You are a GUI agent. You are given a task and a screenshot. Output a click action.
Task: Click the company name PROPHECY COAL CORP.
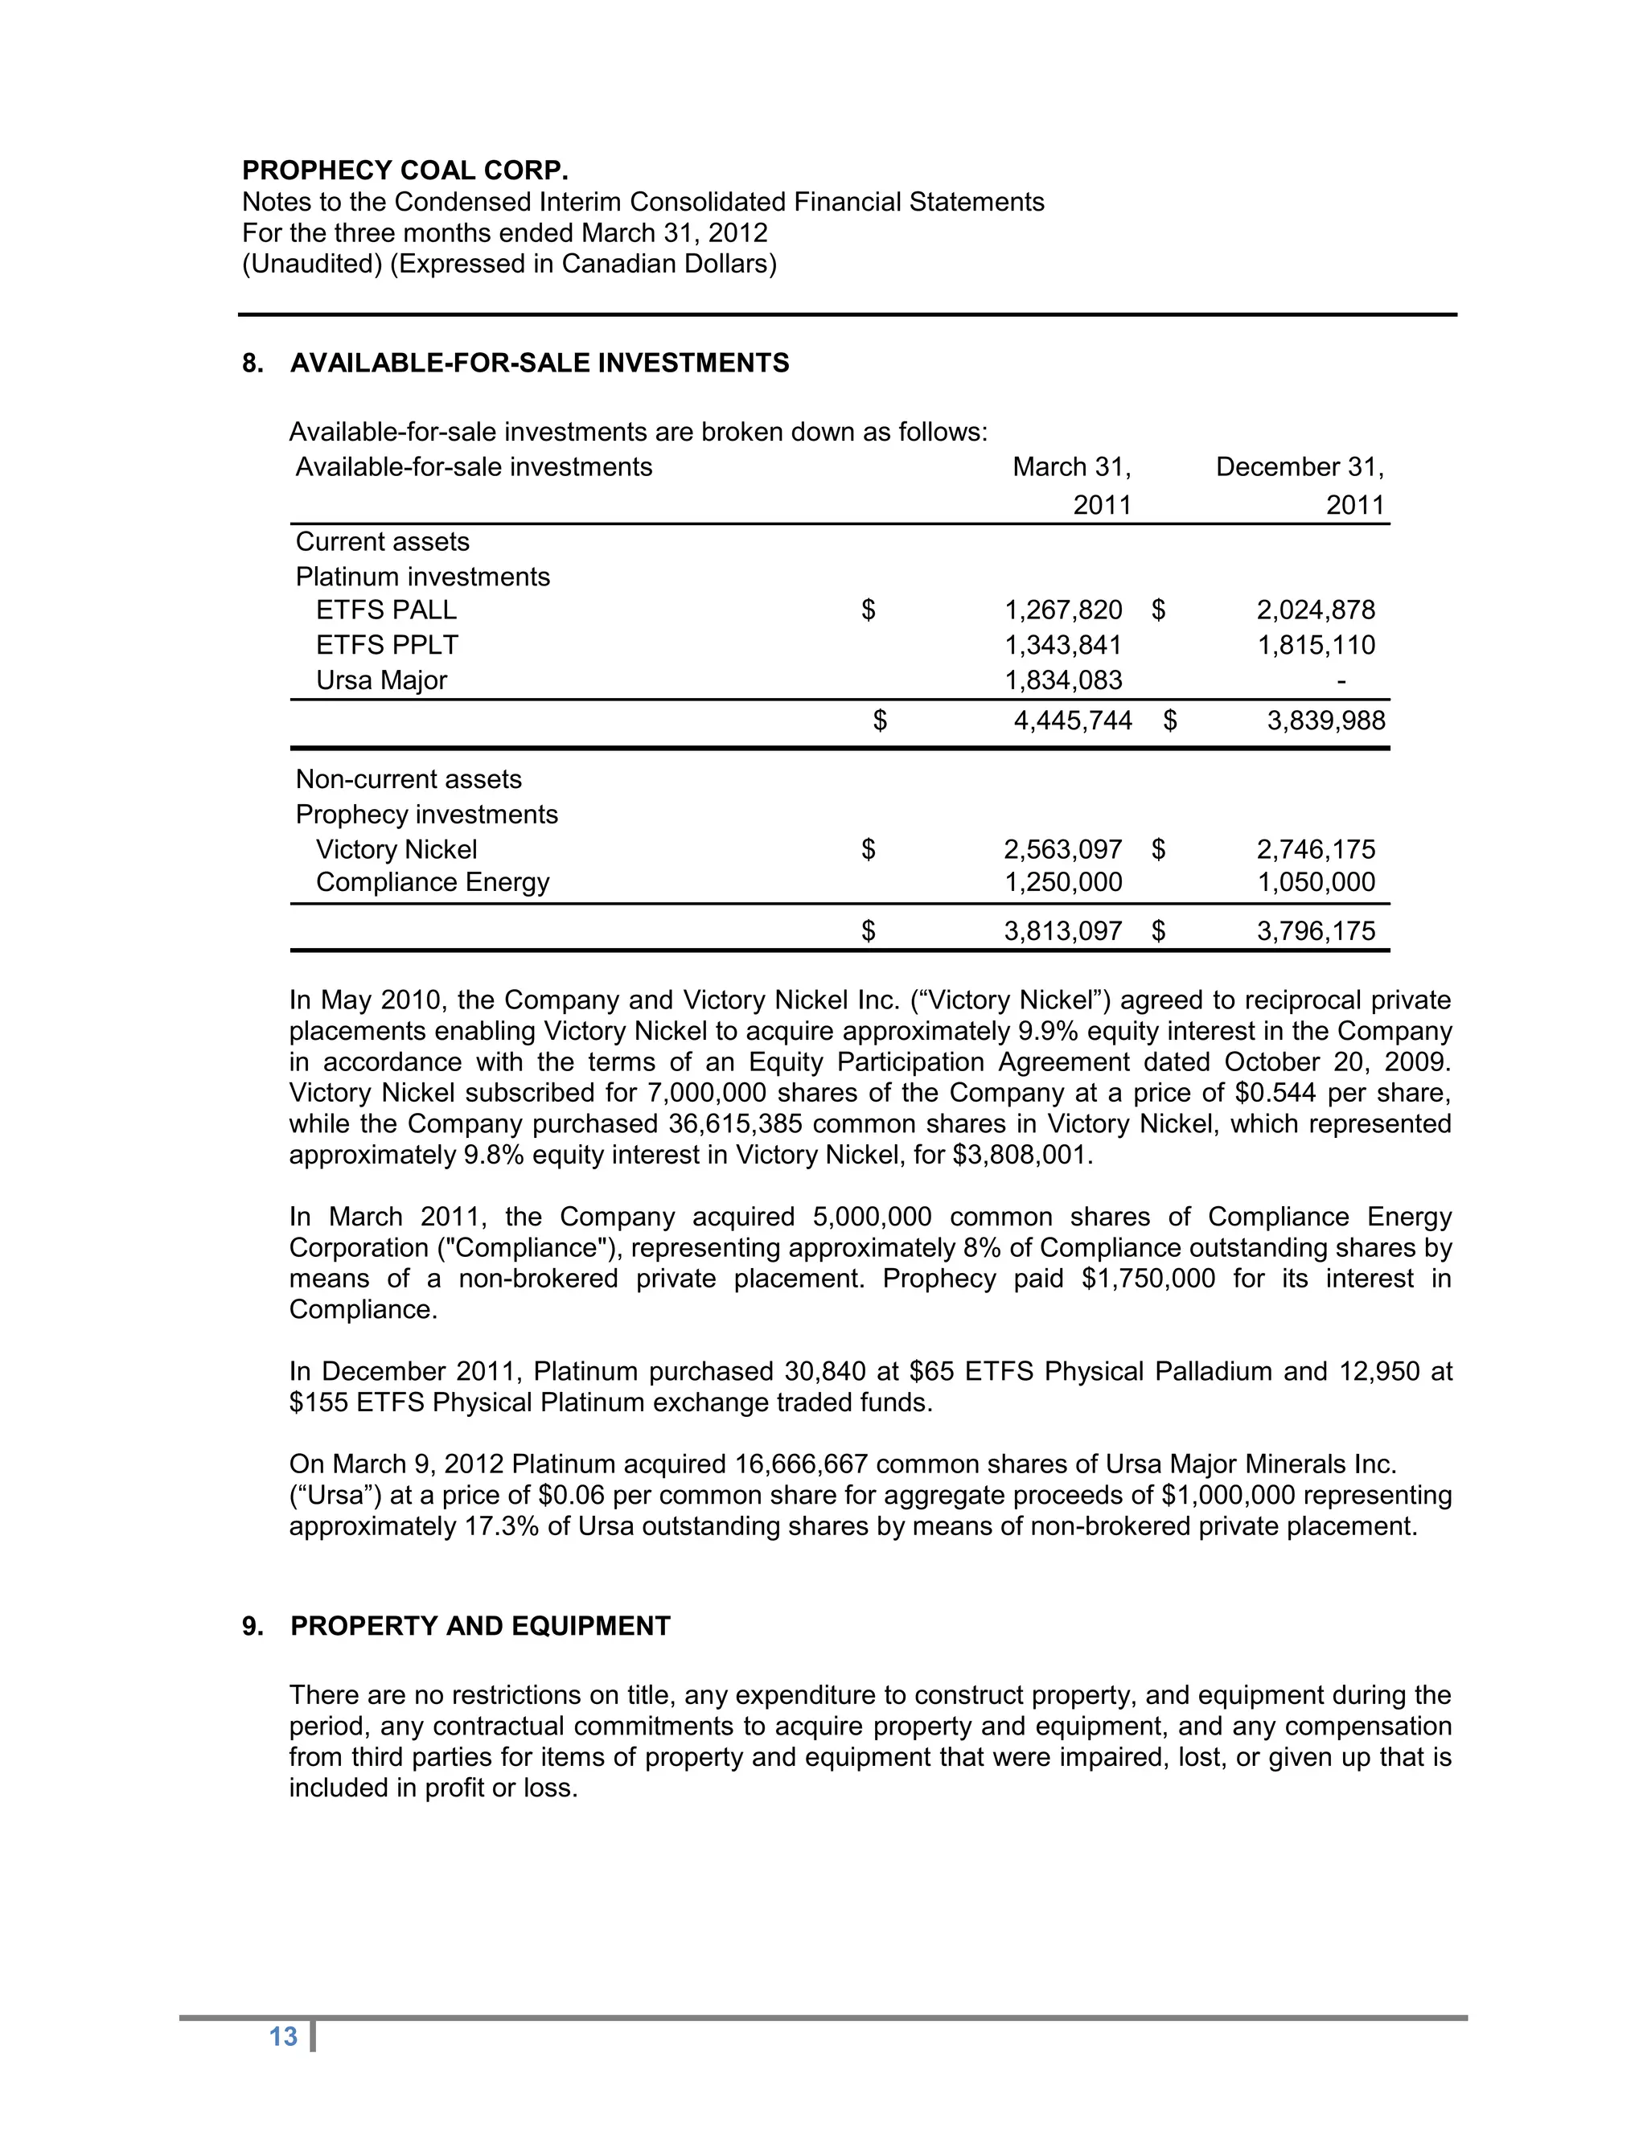[x=405, y=170]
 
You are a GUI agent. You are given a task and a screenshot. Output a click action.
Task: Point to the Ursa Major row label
[x=380, y=680]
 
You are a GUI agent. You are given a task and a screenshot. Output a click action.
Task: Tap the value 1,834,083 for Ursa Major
[x=1063, y=680]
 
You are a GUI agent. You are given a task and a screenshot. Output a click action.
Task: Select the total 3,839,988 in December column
[x=1325, y=721]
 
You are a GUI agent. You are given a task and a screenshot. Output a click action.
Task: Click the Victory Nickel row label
[x=396, y=850]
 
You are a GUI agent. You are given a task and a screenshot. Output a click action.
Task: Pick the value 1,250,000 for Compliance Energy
[x=1063, y=882]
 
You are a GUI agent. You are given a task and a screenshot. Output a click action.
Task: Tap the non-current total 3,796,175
[x=1315, y=931]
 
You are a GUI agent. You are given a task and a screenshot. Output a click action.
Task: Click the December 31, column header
[x=1299, y=467]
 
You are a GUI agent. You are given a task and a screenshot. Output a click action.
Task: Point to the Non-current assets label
[x=408, y=779]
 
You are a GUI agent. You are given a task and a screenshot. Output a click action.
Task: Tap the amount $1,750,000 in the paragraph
[x=1148, y=1279]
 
